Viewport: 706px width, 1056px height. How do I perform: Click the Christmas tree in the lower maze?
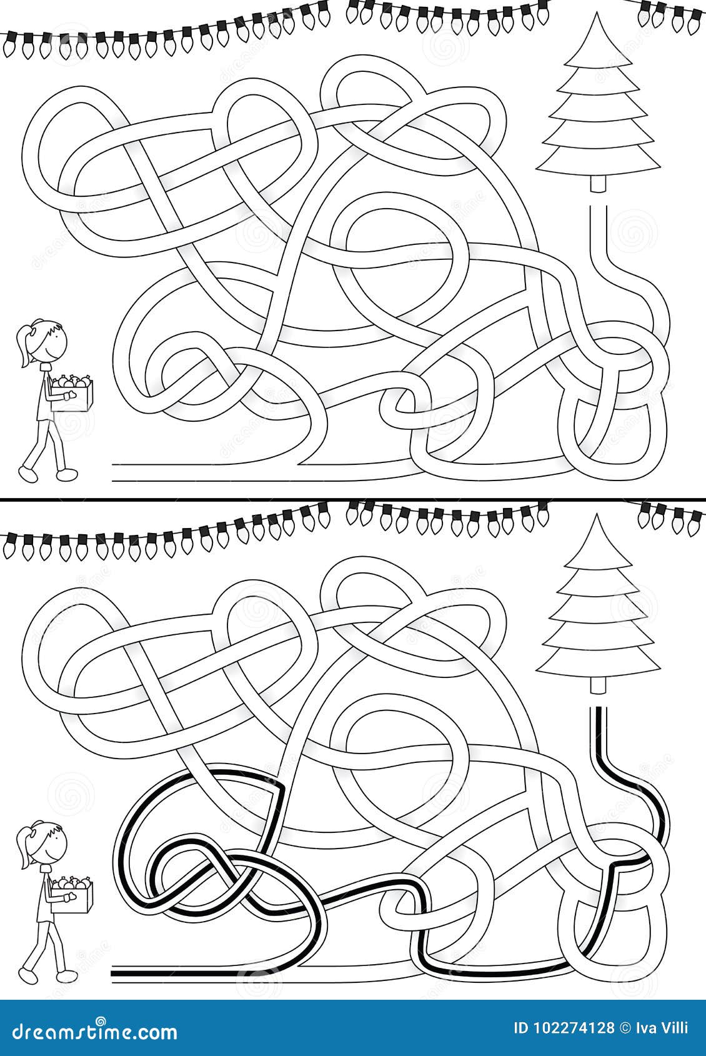[x=598, y=612]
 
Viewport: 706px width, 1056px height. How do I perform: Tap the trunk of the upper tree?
[x=598, y=185]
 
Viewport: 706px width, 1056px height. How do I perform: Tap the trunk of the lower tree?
[x=598, y=685]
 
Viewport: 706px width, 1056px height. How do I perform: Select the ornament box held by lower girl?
[x=71, y=896]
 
